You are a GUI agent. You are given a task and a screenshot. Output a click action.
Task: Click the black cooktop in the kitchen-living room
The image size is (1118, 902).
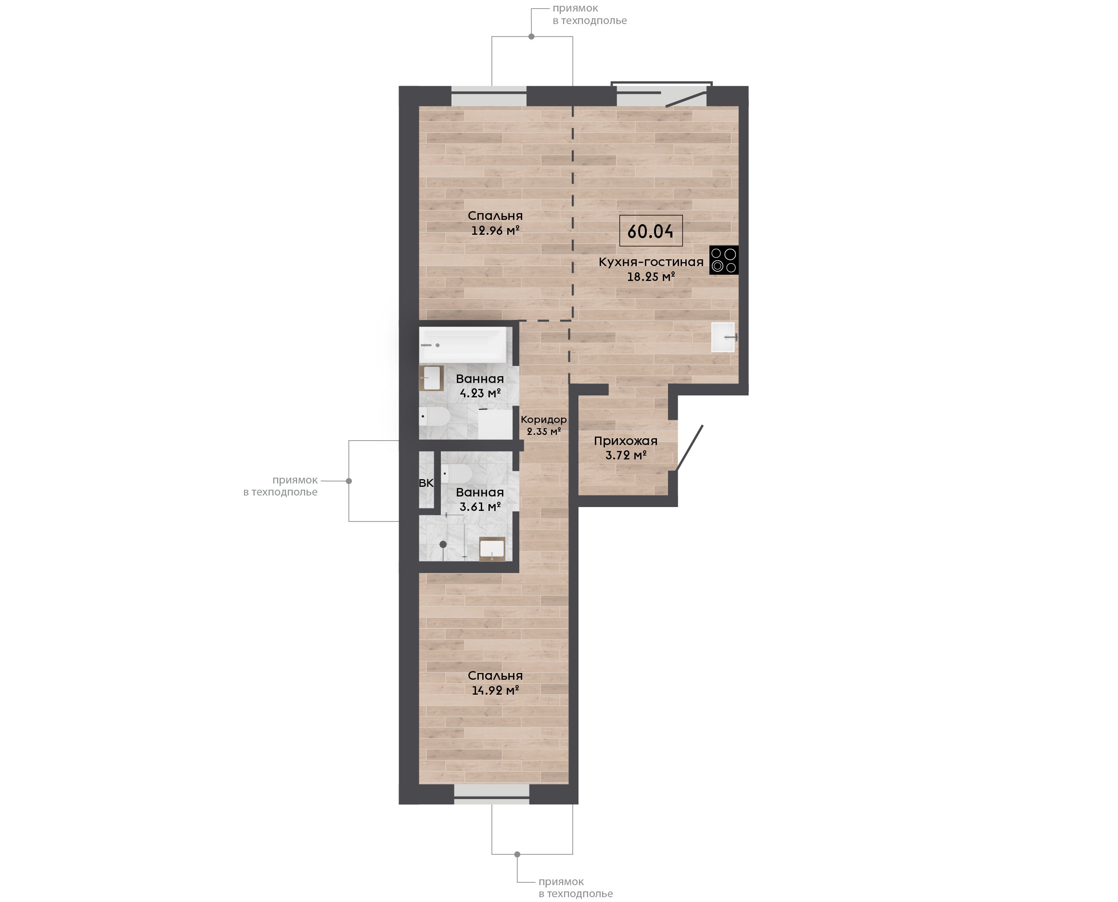tap(723, 260)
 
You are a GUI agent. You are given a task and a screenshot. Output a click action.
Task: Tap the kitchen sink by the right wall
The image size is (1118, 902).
tap(723, 337)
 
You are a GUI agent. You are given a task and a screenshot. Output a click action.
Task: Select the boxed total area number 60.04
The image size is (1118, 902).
tap(650, 231)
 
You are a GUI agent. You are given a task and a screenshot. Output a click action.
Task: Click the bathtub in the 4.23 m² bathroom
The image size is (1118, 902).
tap(463, 344)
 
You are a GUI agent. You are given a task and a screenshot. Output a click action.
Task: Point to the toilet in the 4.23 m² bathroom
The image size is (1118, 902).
tap(435, 416)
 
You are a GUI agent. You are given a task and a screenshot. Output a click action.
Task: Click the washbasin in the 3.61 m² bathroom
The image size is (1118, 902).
tap(492, 549)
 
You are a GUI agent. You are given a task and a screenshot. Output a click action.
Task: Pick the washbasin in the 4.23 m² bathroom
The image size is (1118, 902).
tap(431, 378)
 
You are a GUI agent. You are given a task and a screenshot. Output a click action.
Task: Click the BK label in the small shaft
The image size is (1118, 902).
tap(426, 483)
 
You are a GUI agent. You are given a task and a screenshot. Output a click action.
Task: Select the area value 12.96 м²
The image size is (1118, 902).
tap(495, 230)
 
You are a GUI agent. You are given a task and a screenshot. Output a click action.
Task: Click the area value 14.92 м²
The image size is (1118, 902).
tap(495, 690)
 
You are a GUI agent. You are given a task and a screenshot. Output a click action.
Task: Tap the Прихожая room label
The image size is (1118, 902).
tap(626, 441)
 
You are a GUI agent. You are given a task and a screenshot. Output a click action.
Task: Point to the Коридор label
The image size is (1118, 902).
tap(544, 419)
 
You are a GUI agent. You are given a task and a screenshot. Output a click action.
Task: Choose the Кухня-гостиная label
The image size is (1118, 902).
tap(651, 262)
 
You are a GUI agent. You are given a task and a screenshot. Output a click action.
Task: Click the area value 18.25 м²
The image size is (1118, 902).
tap(651, 277)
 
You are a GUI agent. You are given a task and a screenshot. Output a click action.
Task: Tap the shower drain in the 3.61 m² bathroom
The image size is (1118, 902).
tap(443, 545)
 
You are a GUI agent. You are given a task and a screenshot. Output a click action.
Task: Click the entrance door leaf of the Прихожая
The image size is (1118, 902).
tap(689, 448)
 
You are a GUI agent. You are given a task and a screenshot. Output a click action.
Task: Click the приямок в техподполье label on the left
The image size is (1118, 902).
tap(280, 486)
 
